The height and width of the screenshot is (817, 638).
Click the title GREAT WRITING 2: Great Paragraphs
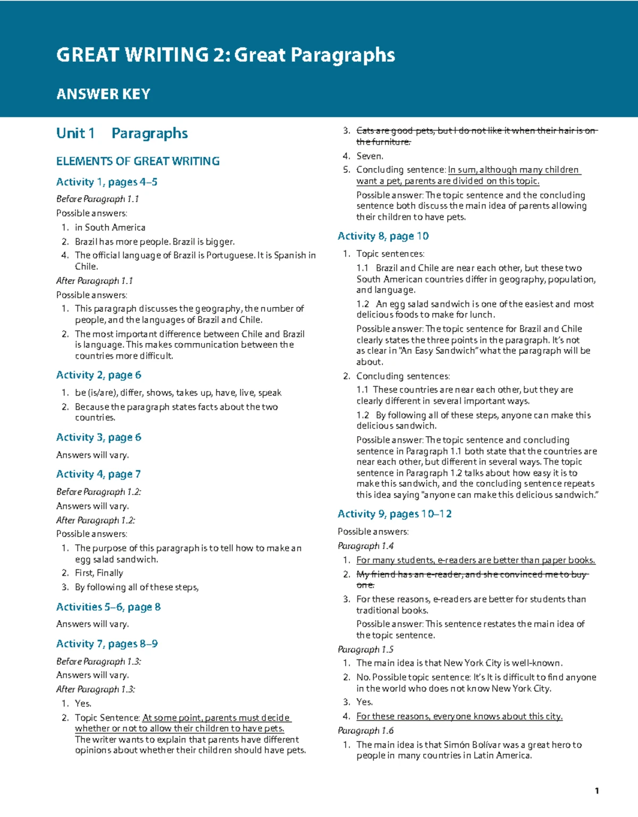pos(225,55)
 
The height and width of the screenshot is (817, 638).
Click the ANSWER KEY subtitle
pos(103,94)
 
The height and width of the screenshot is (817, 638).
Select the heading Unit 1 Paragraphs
pos(122,133)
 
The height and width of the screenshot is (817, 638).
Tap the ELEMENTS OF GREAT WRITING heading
pos(138,161)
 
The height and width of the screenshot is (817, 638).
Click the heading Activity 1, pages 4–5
pos(106,182)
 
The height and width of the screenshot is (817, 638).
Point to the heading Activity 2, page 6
pos(98,375)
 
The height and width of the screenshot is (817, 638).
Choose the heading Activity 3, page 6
pos(98,437)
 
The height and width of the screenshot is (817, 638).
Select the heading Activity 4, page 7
pos(98,474)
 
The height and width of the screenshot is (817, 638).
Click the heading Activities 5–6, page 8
pos(108,607)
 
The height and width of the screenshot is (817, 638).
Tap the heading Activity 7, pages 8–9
pos(107,644)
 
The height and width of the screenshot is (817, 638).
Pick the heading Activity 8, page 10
pos(383,236)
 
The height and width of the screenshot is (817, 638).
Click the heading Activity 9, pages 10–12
pos(394,514)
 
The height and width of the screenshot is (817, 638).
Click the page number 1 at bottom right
pos(597,791)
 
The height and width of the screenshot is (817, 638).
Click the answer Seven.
pos(370,156)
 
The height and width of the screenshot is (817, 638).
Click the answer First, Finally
pos(99,573)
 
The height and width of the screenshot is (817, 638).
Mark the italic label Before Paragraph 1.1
pos(98,199)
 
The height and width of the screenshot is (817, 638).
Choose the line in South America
pos(110,228)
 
